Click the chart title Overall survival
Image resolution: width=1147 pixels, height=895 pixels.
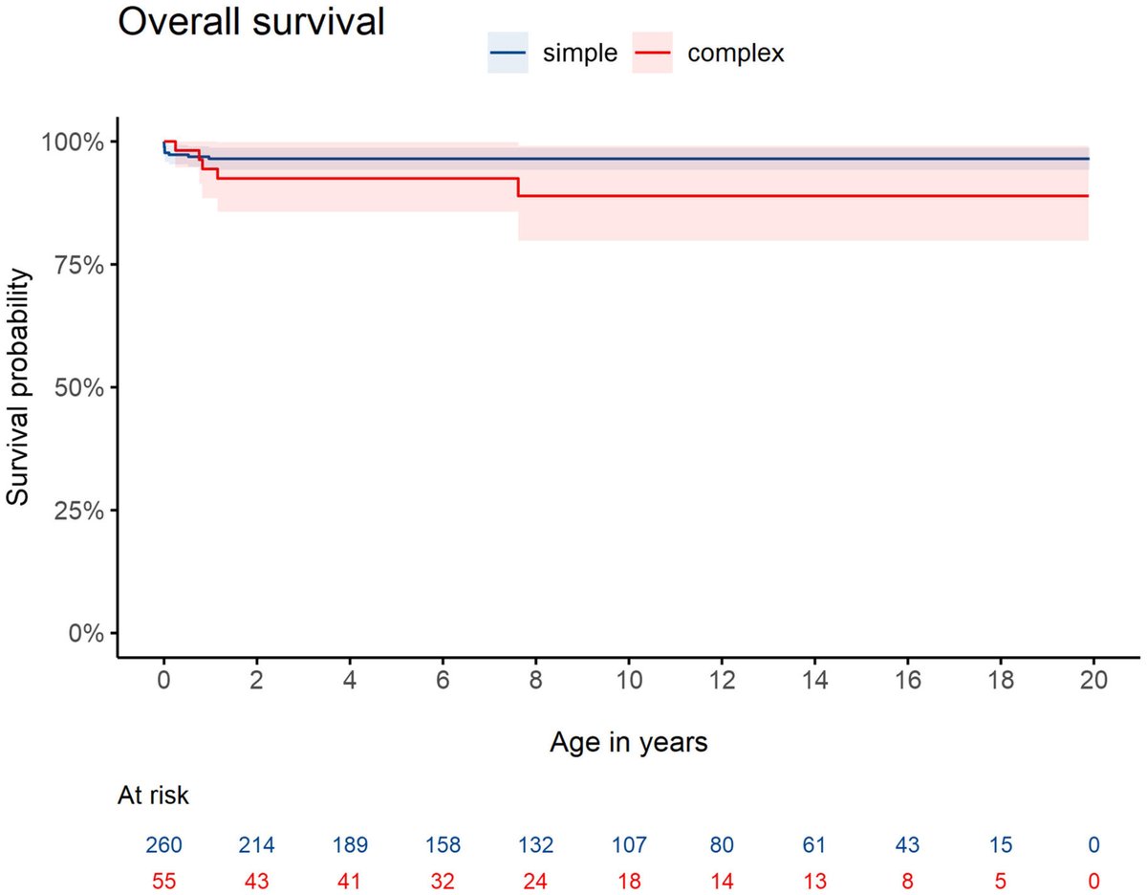pos(250,21)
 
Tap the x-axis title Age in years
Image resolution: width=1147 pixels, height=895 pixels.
pos(628,742)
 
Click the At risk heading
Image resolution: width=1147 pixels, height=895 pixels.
pos(153,795)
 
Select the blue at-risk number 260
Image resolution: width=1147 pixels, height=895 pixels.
pos(164,845)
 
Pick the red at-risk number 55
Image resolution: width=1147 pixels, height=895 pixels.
pos(164,880)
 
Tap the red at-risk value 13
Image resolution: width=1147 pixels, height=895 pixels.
pos(814,880)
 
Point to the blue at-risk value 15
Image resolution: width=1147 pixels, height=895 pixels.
pos(1000,845)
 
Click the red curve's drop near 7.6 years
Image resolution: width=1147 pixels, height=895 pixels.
pos(518,187)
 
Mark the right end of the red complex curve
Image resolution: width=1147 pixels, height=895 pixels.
pos(1088,196)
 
